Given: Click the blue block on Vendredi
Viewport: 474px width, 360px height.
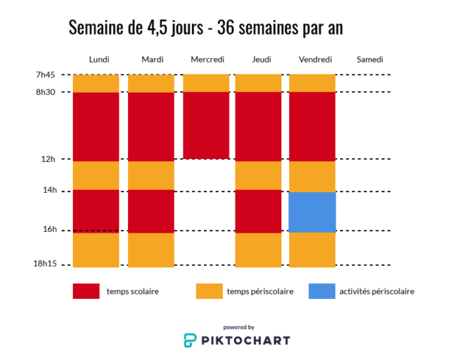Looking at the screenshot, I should click(312, 212).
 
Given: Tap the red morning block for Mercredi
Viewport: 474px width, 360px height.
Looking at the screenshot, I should click(205, 124).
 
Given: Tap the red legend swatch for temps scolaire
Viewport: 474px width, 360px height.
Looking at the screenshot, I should click(86, 291).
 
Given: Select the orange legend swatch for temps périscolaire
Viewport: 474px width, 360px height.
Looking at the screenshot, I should click(209, 291).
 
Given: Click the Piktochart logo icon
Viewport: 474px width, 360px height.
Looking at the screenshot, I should click(191, 340).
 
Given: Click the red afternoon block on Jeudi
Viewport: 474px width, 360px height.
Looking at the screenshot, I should click(259, 211).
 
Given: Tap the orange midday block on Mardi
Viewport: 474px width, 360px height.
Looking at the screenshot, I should click(151, 175).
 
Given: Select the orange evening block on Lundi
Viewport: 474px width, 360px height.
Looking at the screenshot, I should click(96, 249).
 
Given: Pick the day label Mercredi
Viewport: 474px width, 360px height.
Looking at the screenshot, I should click(208, 59).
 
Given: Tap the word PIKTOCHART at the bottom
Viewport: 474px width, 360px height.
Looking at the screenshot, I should click(246, 340).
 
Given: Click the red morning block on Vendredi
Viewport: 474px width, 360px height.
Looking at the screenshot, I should click(312, 126).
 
